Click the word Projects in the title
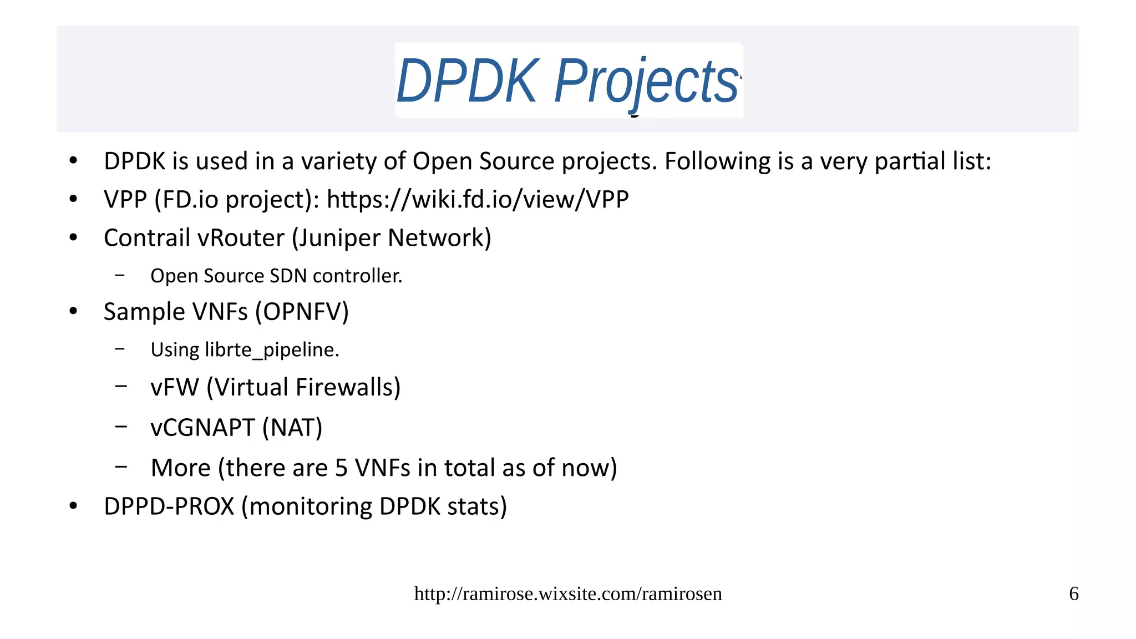[646, 82]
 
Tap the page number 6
[1073, 594]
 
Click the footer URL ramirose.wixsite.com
[568, 594]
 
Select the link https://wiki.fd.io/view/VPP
[478, 199]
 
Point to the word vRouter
[241, 238]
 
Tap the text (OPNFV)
[302, 312]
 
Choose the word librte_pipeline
[272, 350]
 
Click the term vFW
[174, 387]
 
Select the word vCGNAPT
[202, 428]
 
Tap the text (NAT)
[292, 428]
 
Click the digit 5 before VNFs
[341, 468]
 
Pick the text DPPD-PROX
[169, 506]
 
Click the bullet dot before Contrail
[73, 238]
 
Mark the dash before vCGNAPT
[121, 427]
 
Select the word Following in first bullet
[717, 161]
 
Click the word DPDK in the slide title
[467, 82]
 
